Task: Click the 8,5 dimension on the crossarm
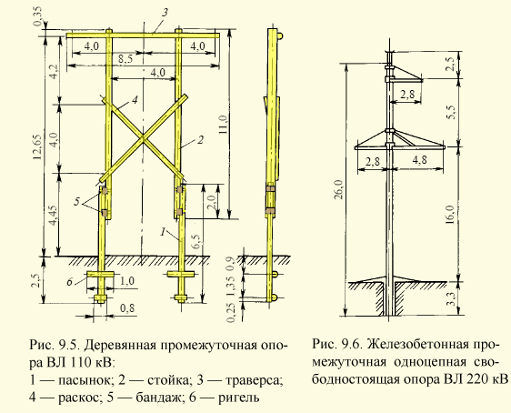(x=123, y=59)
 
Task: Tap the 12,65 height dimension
(x=37, y=146)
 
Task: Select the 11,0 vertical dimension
(x=224, y=125)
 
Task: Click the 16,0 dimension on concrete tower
(x=450, y=215)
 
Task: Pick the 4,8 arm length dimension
(x=419, y=160)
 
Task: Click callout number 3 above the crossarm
(x=165, y=13)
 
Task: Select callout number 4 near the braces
(x=135, y=99)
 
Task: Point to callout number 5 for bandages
(x=77, y=201)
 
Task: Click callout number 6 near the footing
(x=70, y=281)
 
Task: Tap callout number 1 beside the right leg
(x=163, y=232)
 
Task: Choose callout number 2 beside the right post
(x=200, y=139)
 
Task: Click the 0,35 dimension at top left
(x=38, y=17)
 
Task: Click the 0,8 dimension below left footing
(x=127, y=308)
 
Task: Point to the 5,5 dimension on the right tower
(x=450, y=112)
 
